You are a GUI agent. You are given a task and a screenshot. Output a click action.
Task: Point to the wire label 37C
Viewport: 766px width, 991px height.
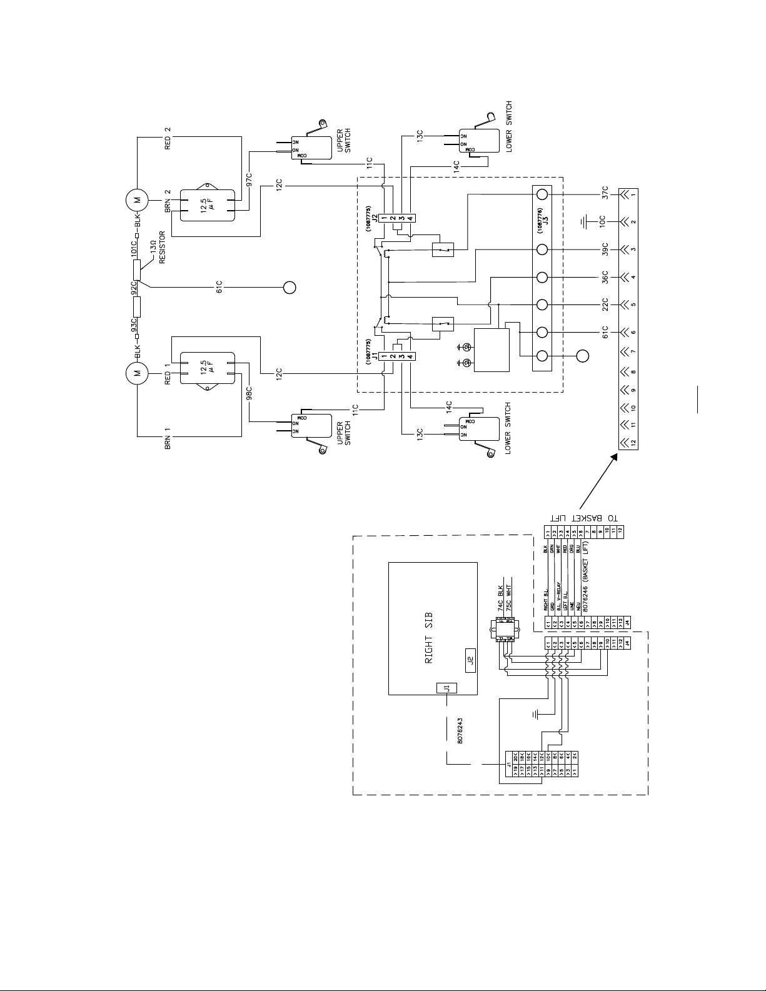point(605,194)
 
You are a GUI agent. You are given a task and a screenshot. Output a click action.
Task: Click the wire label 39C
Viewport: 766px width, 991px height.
point(605,249)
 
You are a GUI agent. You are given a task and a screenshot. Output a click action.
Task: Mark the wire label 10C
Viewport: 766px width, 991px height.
point(605,222)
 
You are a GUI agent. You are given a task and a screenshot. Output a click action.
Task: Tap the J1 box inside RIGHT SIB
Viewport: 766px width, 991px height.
point(446,688)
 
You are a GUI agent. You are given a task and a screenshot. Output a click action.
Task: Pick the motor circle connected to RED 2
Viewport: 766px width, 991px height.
point(136,200)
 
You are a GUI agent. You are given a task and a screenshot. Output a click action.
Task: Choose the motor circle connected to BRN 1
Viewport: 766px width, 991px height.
point(136,374)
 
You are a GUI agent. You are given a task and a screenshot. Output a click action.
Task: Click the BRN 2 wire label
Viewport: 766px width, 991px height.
point(168,199)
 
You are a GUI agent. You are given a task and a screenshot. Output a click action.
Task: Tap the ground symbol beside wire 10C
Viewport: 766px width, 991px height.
point(583,222)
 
